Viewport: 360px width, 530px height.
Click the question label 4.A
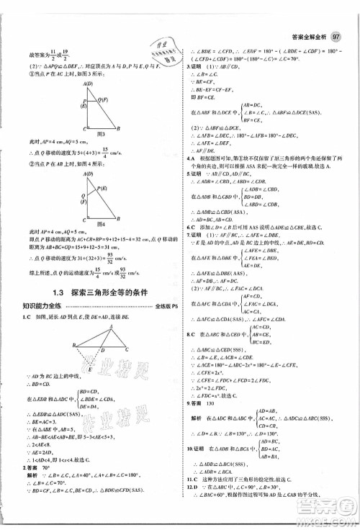pos(191,178)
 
